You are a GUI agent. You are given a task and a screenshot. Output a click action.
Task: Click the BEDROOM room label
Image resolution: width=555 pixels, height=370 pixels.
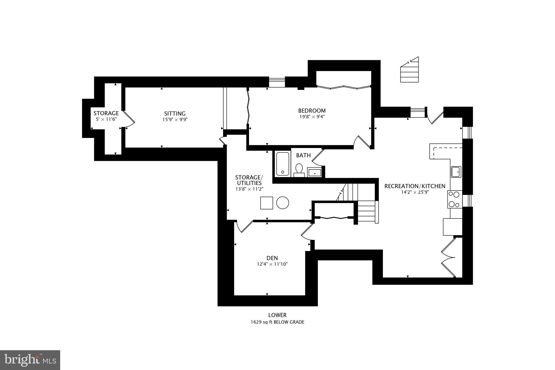pos(312,111)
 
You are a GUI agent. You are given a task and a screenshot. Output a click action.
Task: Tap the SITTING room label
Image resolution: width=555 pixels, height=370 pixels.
pos(175,114)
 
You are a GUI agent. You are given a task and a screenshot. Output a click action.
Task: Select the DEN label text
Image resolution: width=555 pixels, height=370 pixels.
pos(272,258)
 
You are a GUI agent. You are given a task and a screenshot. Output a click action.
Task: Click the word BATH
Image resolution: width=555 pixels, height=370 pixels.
pos(303,155)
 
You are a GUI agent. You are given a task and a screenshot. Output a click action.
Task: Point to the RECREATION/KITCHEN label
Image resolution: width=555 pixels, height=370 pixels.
pos(415,186)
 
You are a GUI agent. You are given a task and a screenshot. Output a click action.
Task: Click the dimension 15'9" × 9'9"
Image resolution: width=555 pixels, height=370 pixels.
pos(175,120)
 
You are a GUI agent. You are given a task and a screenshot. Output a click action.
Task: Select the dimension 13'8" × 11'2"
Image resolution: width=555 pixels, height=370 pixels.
pos(249,189)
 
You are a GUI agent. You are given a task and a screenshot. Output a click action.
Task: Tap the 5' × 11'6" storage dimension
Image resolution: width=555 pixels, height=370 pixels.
pos(106,119)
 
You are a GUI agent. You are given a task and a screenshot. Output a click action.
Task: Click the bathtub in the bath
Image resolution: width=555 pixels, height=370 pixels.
pos(282,164)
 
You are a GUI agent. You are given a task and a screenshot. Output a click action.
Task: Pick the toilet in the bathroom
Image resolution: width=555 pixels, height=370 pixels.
pos(299,170)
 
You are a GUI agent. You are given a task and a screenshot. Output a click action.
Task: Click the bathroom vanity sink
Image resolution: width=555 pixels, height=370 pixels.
pos(314,172)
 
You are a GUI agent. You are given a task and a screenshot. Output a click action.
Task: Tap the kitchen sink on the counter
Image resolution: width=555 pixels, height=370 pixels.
pos(456,172)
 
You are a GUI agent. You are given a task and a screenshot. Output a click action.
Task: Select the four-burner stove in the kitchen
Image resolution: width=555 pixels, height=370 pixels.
pos(455,199)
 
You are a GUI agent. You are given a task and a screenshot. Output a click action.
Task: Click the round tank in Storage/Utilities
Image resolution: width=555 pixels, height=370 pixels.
pos(282,202)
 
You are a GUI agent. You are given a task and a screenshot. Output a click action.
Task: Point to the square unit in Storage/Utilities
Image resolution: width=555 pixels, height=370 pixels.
pos(266,203)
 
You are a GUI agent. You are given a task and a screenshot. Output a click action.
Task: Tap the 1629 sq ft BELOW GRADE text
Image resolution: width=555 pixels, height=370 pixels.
pos(277,322)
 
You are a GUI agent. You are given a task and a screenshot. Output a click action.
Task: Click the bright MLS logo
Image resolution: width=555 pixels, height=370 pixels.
pos(30,360)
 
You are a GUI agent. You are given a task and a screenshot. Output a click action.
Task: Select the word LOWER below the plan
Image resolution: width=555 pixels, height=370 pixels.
pos(277,315)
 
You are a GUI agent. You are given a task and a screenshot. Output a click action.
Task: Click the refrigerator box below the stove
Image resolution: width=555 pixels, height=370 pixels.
pos(452,227)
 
